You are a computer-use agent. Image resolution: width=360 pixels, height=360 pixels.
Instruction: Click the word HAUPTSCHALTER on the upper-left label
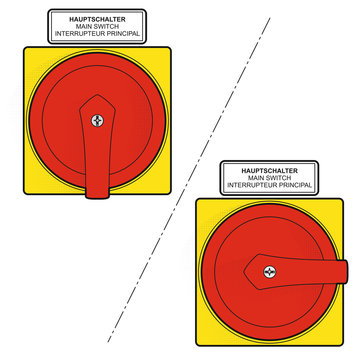[x=97, y=19]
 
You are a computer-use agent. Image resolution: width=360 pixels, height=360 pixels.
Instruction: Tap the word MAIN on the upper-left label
[x=84, y=26]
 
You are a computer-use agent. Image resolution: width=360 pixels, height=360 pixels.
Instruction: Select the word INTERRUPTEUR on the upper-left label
[x=78, y=34]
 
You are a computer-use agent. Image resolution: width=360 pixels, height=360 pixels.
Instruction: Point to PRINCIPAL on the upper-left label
[x=121, y=34]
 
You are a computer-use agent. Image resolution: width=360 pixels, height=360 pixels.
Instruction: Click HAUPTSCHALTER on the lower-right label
[x=270, y=171]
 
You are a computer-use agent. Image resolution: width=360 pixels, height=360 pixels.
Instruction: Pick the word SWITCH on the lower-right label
[x=279, y=178]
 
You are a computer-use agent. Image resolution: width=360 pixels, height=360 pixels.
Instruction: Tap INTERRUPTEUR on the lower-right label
[x=250, y=185]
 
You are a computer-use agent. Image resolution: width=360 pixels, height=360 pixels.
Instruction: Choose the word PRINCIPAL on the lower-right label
[x=293, y=185]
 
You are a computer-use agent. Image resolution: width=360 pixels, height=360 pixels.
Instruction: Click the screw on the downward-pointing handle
[x=97, y=120]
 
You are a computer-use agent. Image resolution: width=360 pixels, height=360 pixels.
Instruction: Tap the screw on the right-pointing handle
[x=270, y=272]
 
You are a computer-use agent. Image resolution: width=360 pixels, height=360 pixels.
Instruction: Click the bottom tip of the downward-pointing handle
[x=97, y=198]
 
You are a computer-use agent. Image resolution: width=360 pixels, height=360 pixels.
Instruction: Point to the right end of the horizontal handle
[x=348, y=272]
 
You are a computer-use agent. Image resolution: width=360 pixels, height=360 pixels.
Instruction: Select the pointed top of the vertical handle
[x=97, y=95]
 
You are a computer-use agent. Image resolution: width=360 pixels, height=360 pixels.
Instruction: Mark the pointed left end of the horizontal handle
[x=245, y=272]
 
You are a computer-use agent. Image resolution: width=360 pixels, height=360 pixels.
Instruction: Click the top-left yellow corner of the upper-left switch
[x=25, y=48]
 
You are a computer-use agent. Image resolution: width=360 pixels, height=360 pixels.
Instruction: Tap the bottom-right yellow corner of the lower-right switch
[x=342, y=345]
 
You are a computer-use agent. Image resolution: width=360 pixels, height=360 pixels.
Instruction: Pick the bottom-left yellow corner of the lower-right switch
[x=197, y=345]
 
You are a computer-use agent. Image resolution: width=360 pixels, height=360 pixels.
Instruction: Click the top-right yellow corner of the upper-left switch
[x=170, y=48]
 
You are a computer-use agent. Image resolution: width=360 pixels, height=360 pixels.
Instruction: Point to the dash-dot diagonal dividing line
[x=189, y=180]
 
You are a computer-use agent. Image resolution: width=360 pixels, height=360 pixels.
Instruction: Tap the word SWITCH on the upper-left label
[x=106, y=26]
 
